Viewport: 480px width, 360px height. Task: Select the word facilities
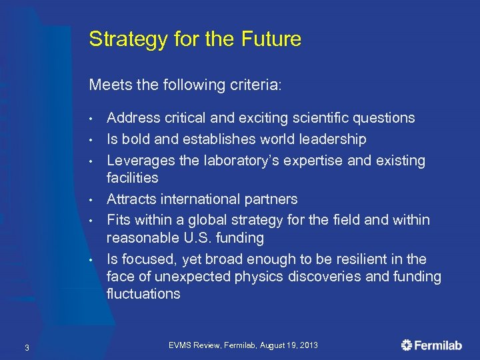(133, 178)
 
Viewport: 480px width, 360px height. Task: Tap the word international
(203, 199)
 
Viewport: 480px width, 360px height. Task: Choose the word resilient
(373, 259)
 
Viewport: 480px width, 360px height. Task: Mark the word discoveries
(325, 277)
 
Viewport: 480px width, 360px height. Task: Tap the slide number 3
(26, 347)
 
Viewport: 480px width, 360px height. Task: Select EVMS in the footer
(181, 345)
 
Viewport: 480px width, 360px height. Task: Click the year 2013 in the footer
(308, 345)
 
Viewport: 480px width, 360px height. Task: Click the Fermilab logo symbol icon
(407, 345)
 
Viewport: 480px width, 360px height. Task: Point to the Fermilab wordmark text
(440, 345)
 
